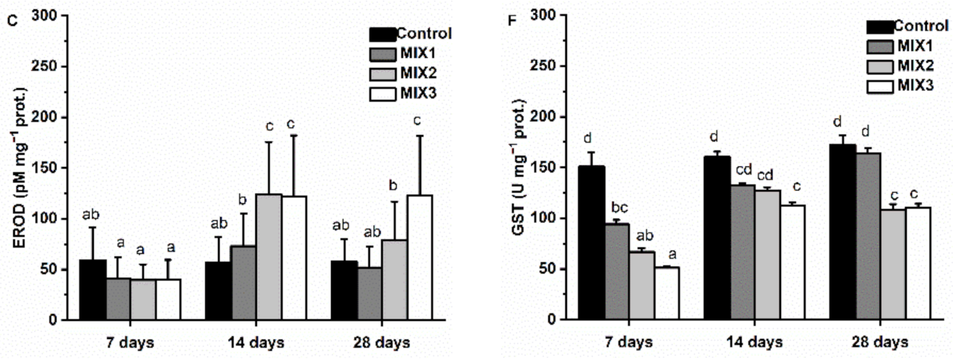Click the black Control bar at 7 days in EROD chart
(93, 290)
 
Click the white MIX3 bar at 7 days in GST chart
(666, 294)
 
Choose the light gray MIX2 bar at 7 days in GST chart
(641, 286)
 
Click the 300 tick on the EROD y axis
(52, 16)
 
